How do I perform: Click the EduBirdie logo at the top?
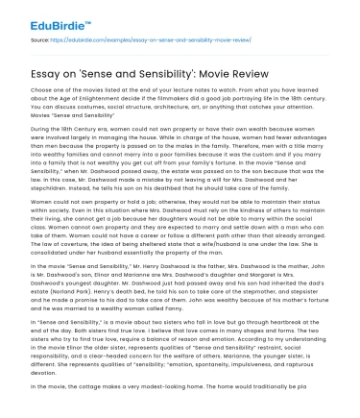pyautogui.click(x=44, y=16)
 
